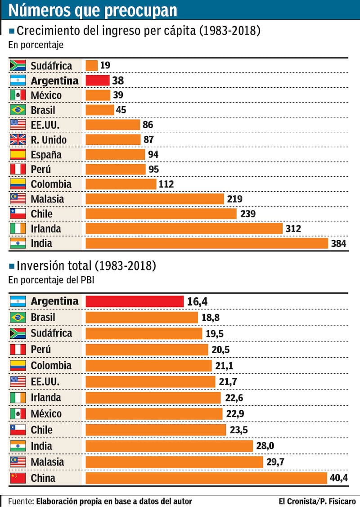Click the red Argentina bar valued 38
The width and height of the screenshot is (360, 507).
(x=97, y=81)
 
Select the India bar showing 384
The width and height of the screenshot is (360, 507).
(x=207, y=243)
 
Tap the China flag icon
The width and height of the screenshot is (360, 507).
(x=18, y=478)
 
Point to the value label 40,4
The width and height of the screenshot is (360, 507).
(x=338, y=478)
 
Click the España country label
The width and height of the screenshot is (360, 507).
(x=46, y=155)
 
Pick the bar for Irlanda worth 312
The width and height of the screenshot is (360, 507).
(x=184, y=229)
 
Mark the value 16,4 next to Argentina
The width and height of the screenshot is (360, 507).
(x=197, y=301)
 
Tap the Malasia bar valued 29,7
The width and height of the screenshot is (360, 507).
(x=174, y=462)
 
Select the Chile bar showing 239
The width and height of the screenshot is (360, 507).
(x=161, y=214)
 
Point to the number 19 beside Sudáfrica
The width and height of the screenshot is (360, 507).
(x=105, y=66)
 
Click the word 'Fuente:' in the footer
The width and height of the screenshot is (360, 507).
(x=21, y=501)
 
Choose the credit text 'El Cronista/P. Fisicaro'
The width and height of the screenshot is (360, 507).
(x=317, y=501)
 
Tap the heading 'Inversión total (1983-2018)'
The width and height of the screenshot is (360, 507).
(x=86, y=266)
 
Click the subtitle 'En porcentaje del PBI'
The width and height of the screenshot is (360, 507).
(x=51, y=279)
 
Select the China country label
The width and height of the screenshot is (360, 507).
(x=43, y=478)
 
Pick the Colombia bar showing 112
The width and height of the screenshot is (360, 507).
(x=121, y=184)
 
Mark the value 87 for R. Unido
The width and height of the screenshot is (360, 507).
(x=148, y=140)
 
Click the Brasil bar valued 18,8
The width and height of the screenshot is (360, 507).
(x=142, y=318)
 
